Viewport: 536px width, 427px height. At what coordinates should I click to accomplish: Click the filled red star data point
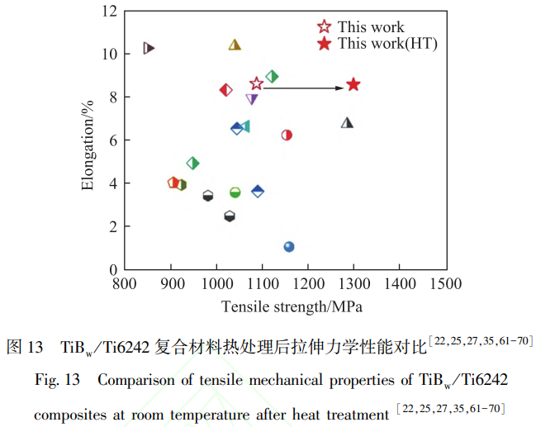tap(353, 84)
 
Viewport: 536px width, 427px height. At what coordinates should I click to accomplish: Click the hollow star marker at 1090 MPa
tap(257, 83)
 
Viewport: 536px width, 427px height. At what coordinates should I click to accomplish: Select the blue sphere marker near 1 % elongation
tap(289, 247)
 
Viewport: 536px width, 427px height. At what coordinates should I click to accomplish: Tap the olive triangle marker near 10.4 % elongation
tap(235, 45)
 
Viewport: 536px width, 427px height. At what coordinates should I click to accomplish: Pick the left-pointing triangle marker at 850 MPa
tap(149, 48)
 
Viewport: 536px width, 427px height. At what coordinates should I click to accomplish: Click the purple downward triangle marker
tap(252, 100)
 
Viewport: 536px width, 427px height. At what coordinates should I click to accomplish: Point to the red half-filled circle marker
tap(287, 135)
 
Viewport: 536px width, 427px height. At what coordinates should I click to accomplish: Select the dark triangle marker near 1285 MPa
tap(348, 123)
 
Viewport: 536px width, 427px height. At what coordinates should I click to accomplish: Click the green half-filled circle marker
tap(235, 192)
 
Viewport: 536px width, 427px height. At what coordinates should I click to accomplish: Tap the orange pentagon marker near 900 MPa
tap(173, 183)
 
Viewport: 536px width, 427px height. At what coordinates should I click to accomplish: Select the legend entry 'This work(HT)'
tap(387, 44)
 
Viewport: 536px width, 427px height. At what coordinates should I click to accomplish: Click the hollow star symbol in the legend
tap(325, 27)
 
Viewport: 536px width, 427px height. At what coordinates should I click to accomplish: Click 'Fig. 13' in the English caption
tap(57, 381)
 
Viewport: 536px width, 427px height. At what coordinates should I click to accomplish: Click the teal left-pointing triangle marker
tap(244, 126)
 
